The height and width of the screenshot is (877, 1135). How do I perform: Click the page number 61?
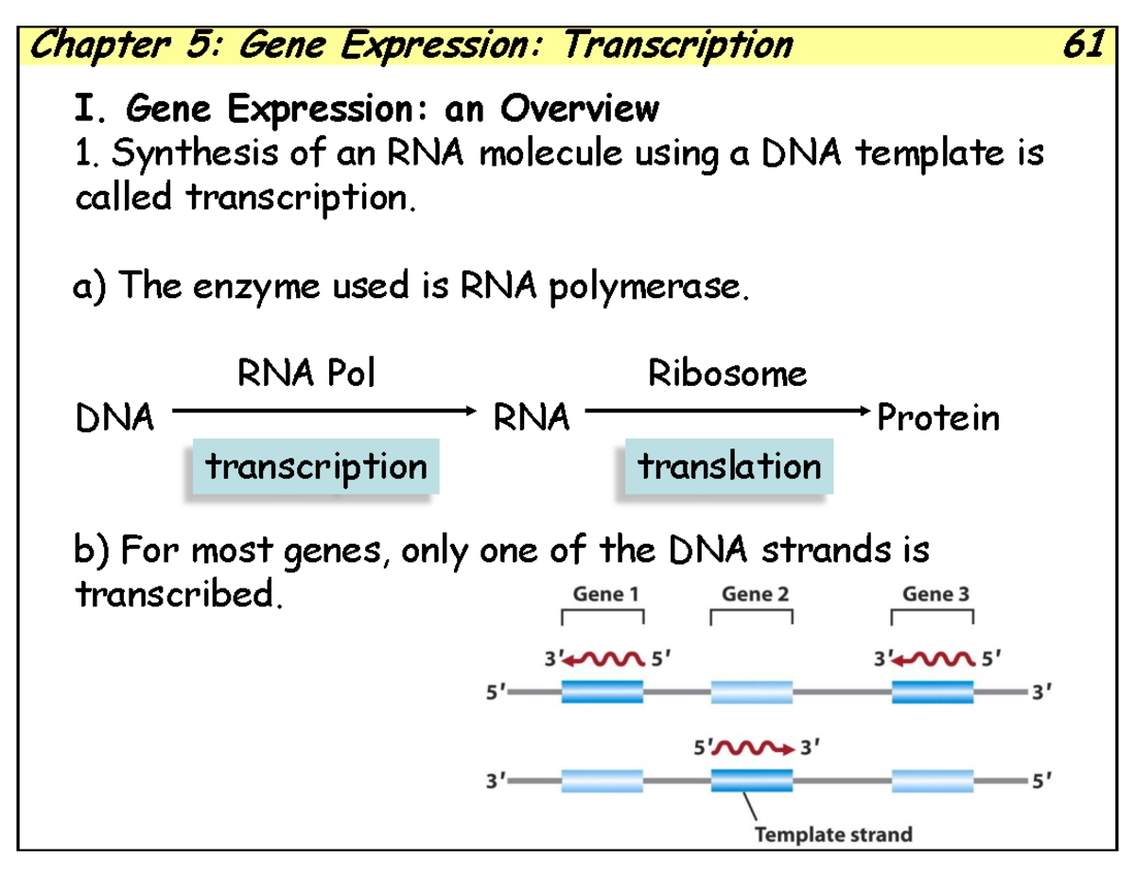1081,44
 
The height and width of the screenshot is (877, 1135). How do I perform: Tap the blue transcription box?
316,466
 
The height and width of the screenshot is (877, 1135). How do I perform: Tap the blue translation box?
728,466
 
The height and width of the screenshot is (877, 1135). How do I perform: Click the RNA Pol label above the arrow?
306,375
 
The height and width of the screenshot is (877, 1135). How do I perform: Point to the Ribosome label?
726,375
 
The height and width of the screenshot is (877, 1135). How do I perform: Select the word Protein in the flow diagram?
938,417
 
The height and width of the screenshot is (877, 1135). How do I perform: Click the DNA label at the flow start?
113,417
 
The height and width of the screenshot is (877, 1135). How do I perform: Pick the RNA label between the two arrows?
532,417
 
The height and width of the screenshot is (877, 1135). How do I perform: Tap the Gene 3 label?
935,594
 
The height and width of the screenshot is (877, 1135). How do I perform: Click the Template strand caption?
832,834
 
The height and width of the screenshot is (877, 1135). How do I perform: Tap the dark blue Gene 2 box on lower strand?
751,781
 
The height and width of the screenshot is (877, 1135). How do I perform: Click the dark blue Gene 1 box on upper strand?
602,693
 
